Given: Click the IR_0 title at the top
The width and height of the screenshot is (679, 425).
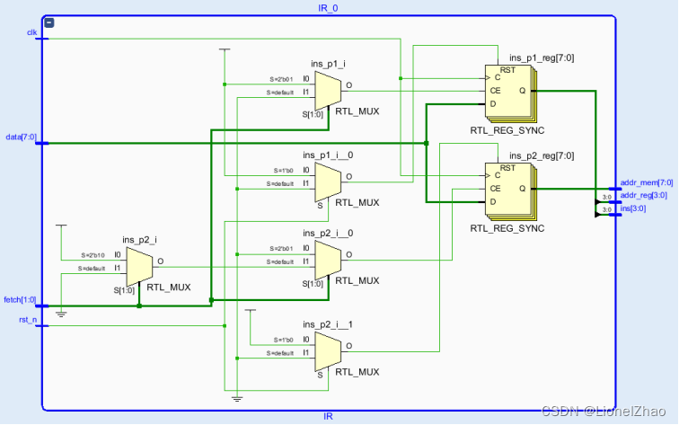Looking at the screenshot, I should [x=328, y=7].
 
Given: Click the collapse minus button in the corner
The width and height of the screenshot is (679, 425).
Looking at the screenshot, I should [x=49, y=22].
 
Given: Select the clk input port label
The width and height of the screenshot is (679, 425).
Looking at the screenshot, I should [x=31, y=32].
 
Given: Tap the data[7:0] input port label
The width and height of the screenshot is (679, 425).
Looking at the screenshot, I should [x=22, y=137].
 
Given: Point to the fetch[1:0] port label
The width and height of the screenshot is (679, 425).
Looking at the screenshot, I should [x=21, y=299].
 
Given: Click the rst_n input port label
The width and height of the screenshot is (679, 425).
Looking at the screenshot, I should [x=28, y=318].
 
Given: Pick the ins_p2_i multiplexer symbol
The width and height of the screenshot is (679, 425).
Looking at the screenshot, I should [x=139, y=264].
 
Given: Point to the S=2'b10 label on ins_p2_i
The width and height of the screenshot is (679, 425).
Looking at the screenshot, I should [x=93, y=255].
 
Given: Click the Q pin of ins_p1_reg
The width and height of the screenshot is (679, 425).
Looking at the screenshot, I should [x=522, y=91].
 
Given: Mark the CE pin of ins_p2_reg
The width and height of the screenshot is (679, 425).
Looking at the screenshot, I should [x=494, y=189].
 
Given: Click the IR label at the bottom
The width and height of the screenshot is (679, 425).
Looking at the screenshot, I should [x=328, y=417].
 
